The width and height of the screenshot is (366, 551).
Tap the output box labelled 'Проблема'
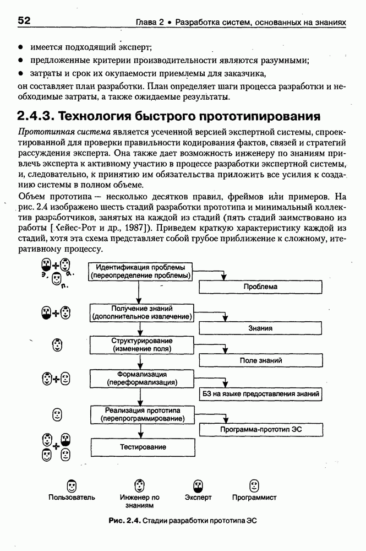coord(260,287)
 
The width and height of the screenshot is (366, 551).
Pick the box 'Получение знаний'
coord(143,312)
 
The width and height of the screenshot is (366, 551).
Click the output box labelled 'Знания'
coord(260,328)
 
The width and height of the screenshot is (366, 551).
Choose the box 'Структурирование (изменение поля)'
coord(142,345)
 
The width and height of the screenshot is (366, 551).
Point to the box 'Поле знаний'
coord(260,360)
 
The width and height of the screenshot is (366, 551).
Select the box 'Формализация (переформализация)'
coord(142,378)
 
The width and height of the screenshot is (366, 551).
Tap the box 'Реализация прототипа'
coord(142,414)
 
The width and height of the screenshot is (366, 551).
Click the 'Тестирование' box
coord(143,447)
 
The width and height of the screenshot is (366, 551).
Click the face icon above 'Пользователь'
coord(72,485)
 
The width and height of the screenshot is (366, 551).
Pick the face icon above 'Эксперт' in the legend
coord(198,485)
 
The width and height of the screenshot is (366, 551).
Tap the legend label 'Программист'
coord(254,498)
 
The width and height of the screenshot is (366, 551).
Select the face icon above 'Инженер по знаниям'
coord(139,485)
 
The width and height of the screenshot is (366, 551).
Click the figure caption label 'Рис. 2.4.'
coord(125,520)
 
